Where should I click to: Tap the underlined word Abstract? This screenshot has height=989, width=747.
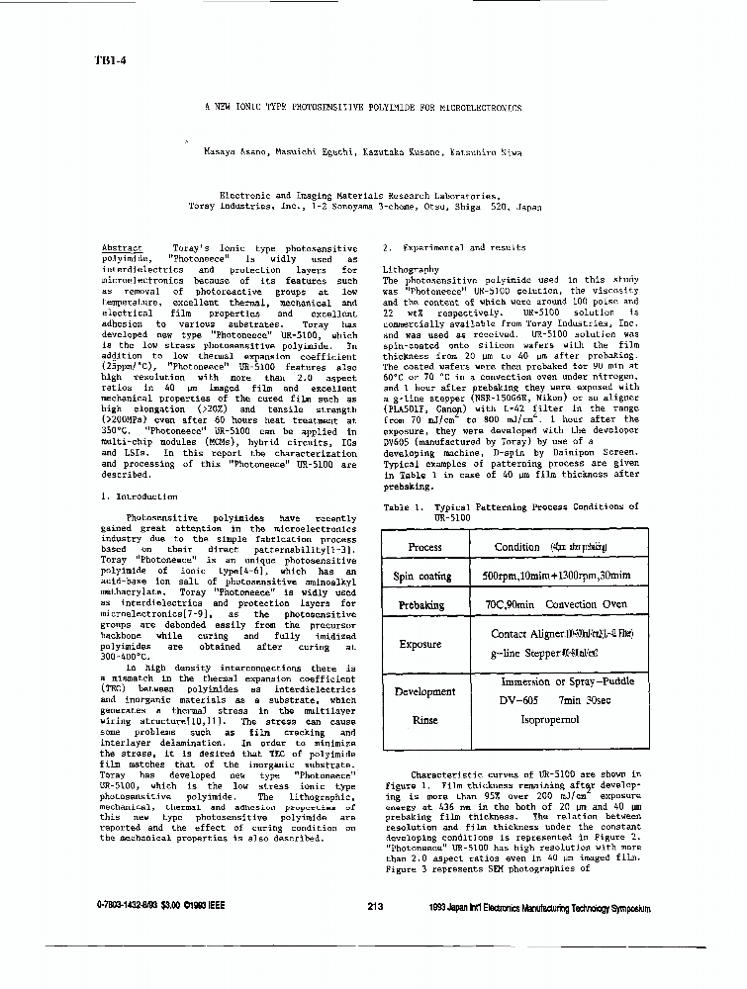point(122,247)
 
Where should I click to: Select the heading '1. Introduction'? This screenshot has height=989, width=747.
point(140,496)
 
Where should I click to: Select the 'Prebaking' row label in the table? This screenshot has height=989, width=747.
point(423,604)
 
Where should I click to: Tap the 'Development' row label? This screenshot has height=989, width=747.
point(423,692)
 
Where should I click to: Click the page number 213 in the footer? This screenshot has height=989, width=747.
point(374,905)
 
